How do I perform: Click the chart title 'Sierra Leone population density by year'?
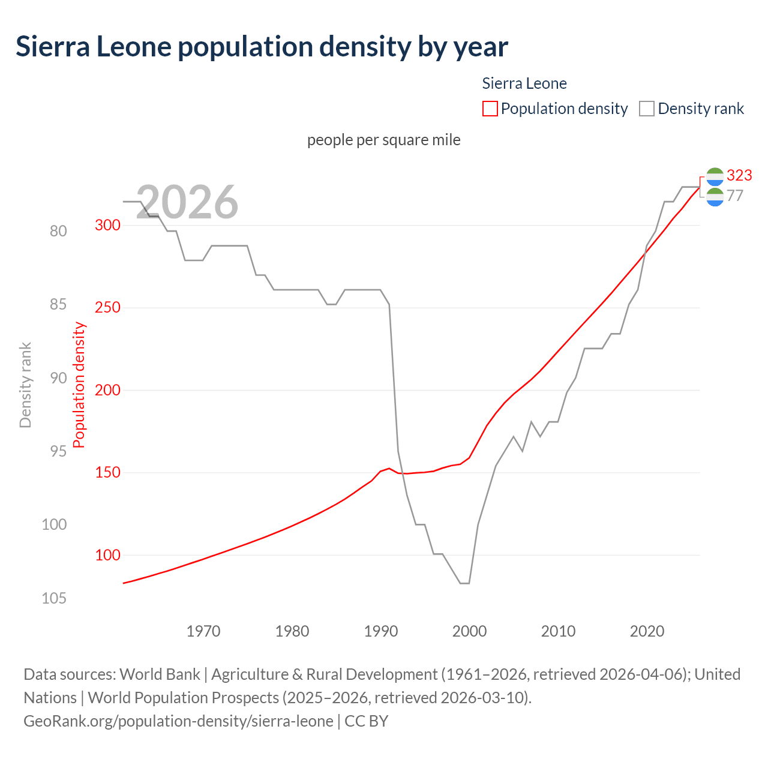262,47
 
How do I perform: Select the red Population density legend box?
490,109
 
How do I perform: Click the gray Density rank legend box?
646,109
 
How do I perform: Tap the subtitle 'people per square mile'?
383,140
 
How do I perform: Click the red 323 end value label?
739,175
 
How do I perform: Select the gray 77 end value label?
734,196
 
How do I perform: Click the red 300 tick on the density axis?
107,225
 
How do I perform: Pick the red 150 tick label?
107,473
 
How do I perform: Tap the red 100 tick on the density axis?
107,555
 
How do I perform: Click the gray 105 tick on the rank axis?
54,598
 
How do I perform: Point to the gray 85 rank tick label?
58,305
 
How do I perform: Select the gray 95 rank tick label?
58,451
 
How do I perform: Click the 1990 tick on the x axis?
381,631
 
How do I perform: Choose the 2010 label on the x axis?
558,631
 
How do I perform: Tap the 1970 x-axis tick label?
203,631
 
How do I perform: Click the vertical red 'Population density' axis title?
79,385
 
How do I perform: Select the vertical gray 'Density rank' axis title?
25,385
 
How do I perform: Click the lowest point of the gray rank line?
465,583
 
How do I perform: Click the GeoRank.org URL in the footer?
178,721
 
